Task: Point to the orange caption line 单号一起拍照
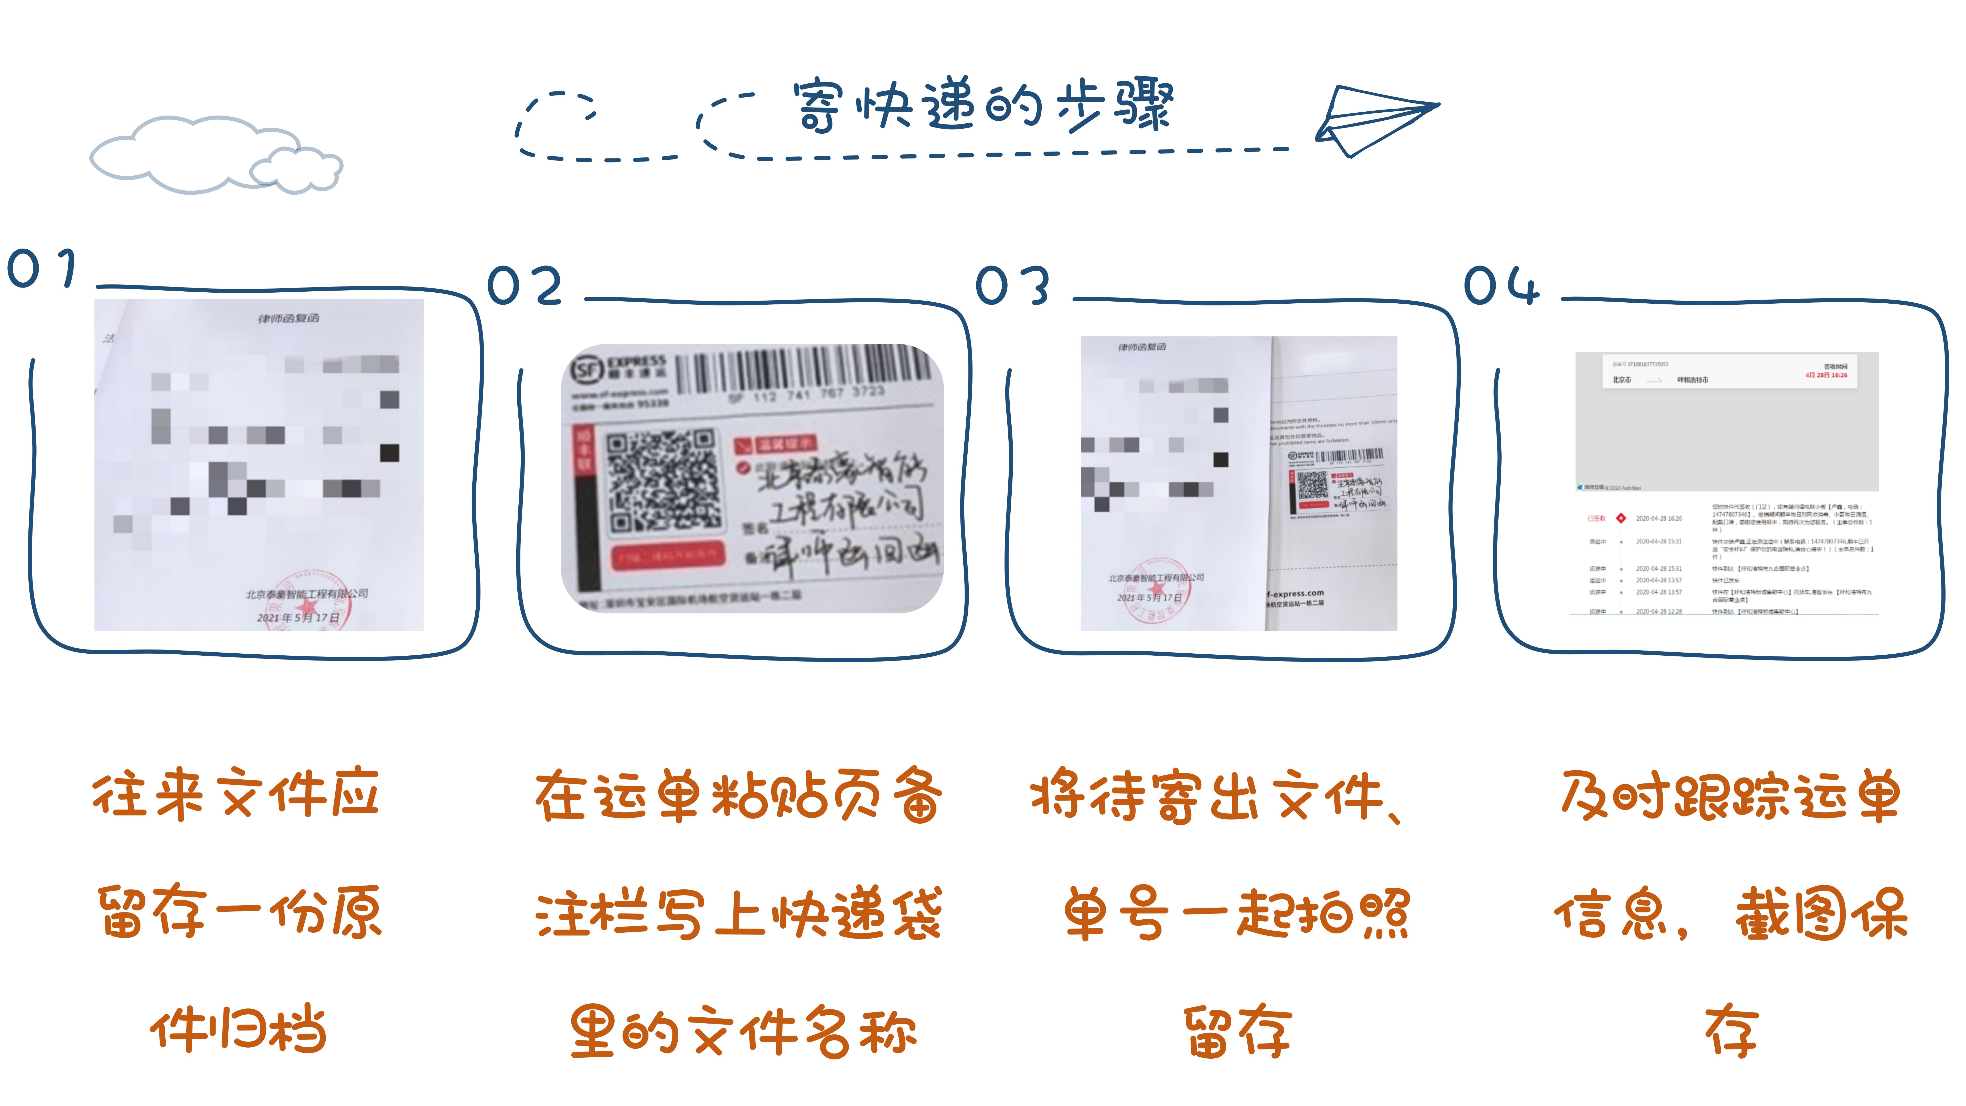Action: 1236,914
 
